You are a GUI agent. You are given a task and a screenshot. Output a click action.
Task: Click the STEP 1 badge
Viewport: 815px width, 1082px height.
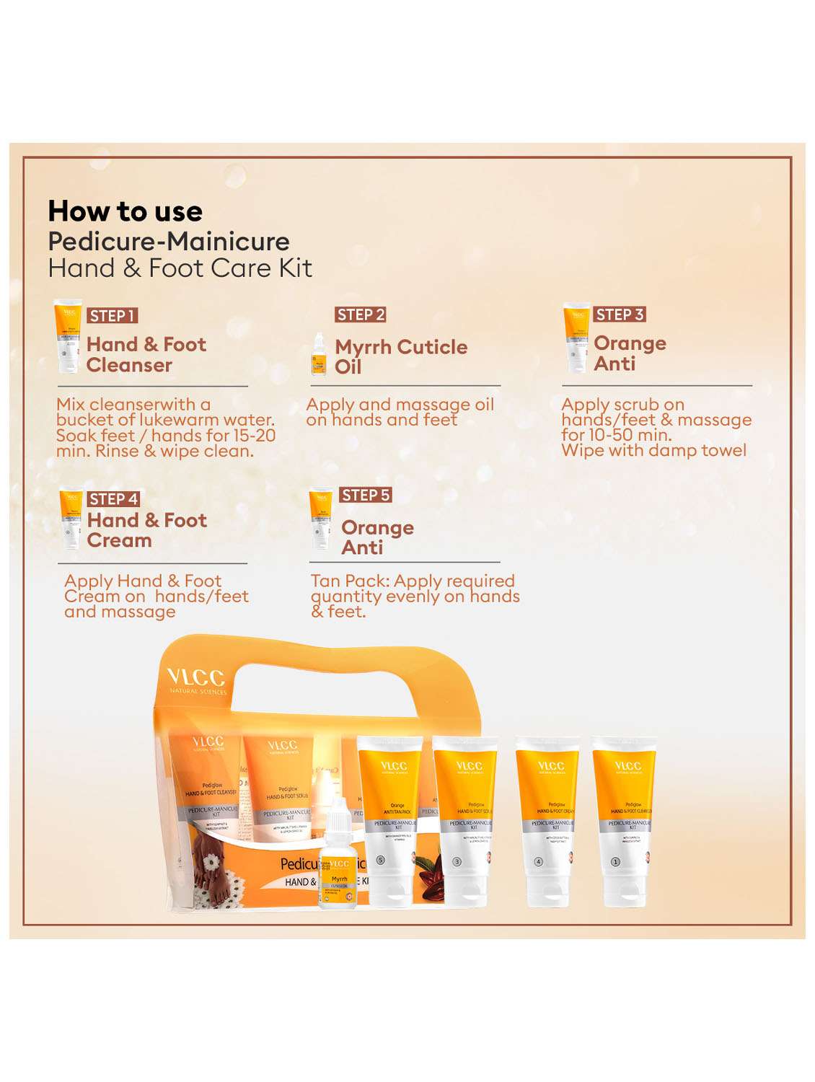point(112,315)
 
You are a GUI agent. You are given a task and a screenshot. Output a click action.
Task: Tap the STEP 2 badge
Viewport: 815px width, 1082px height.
point(361,315)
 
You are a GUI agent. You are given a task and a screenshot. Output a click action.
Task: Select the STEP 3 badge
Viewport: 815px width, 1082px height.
point(619,315)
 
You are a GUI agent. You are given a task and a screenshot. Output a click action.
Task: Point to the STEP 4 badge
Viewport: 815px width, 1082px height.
point(113,499)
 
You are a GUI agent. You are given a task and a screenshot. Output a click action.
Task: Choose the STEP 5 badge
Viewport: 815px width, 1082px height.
point(365,495)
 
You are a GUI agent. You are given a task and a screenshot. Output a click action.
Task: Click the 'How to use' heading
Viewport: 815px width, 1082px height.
point(125,211)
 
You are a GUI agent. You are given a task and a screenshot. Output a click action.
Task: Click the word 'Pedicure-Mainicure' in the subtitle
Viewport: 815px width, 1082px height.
point(169,242)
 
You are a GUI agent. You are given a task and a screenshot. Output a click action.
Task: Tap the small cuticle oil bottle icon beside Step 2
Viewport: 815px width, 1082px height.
point(318,354)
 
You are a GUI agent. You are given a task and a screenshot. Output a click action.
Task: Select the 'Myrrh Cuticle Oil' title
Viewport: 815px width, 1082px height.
point(400,356)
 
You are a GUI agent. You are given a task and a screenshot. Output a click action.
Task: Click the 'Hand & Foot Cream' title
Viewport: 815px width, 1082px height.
point(146,530)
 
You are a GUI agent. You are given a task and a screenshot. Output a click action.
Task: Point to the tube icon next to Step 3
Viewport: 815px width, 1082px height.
point(576,337)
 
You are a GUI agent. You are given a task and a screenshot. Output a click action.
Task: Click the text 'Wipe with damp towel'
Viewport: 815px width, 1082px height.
point(653,451)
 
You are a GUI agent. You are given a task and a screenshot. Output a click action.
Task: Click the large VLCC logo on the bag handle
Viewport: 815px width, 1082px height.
point(196,678)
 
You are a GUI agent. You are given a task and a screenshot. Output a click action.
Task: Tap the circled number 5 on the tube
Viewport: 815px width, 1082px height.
point(381,861)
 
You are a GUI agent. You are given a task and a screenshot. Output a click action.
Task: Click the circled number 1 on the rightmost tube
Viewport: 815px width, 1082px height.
point(615,861)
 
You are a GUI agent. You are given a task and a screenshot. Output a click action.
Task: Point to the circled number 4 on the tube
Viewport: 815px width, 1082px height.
point(537,861)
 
